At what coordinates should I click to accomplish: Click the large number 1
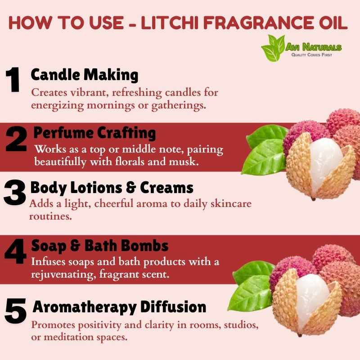pyautogui.click(x=13, y=80)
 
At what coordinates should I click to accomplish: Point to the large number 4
pyautogui.click(x=16, y=251)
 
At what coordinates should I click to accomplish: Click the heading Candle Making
pyautogui.click(x=85, y=75)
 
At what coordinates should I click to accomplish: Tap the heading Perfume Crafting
pyautogui.click(x=94, y=133)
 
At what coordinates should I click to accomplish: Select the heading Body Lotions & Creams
pyautogui.click(x=112, y=188)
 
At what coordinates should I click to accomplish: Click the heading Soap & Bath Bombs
pyautogui.click(x=100, y=246)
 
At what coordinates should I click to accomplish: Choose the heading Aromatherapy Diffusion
pyautogui.click(x=119, y=307)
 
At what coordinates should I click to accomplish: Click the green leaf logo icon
pyautogui.click(x=273, y=48)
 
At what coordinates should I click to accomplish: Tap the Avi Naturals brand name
pyautogui.click(x=314, y=47)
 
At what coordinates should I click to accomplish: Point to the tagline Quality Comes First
pyautogui.click(x=311, y=55)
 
